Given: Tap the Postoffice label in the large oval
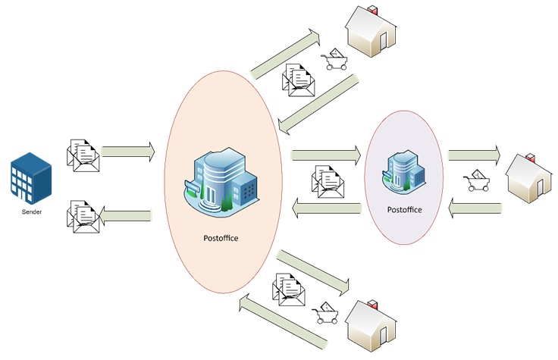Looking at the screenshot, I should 221,238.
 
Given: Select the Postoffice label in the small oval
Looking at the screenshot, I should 404,209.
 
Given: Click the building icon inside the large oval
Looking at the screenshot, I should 221,180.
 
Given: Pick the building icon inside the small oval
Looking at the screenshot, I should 403,171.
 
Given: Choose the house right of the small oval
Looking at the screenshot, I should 529,179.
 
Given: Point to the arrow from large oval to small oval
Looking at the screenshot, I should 324,155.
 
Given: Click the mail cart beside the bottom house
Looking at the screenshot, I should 328,314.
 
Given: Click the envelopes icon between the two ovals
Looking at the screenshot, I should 328,183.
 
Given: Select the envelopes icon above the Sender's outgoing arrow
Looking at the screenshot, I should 83,154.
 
